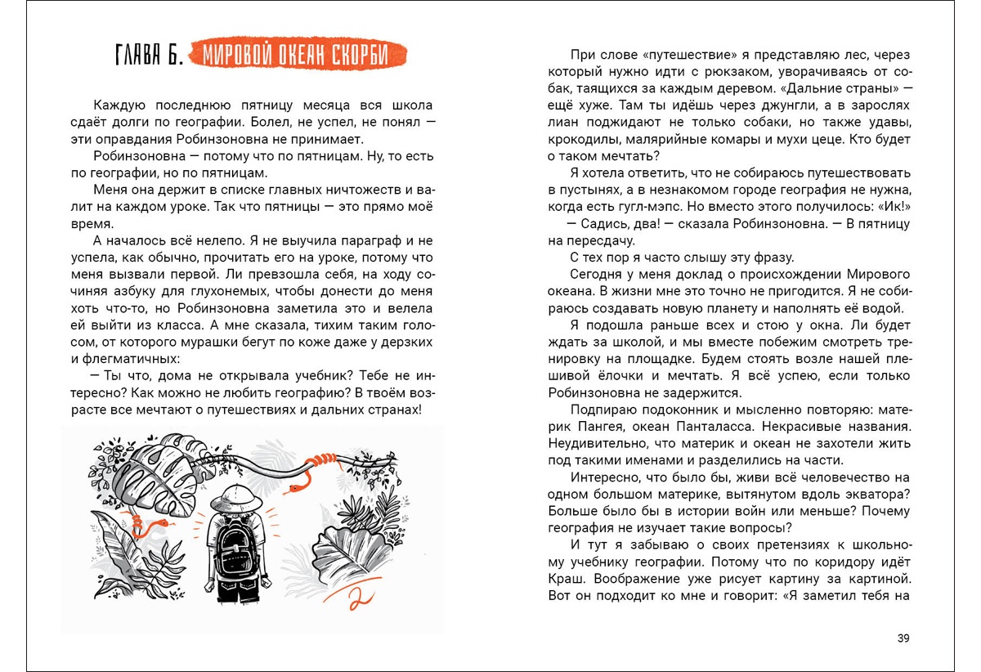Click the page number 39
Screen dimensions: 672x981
point(903,638)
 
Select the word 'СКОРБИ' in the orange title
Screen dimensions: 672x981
point(369,56)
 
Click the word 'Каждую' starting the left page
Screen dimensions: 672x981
point(119,106)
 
